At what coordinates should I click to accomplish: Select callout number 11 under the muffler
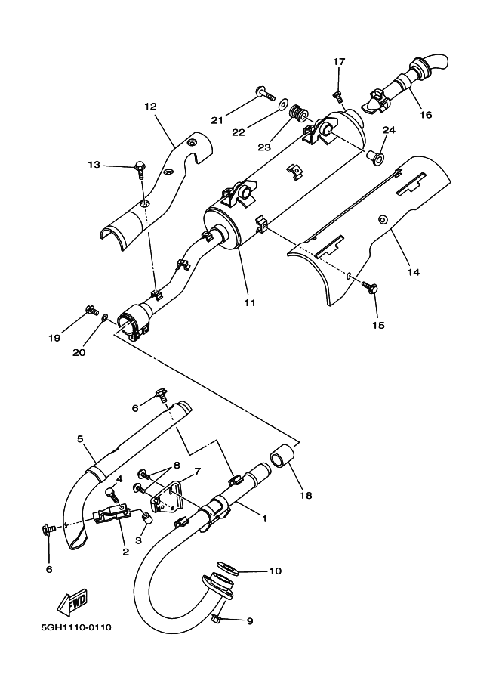[x=250, y=302]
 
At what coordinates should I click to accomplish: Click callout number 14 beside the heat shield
[x=413, y=271]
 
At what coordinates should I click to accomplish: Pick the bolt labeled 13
[x=140, y=166]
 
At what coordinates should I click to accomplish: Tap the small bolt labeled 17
[x=338, y=94]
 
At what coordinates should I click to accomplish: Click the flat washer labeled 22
[x=282, y=103]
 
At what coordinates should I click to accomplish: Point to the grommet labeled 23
[x=300, y=114]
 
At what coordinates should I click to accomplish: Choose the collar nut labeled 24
[x=376, y=157]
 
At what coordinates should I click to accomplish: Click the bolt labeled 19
[x=92, y=308]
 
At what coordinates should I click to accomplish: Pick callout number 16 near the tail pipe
[x=426, y=115]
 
